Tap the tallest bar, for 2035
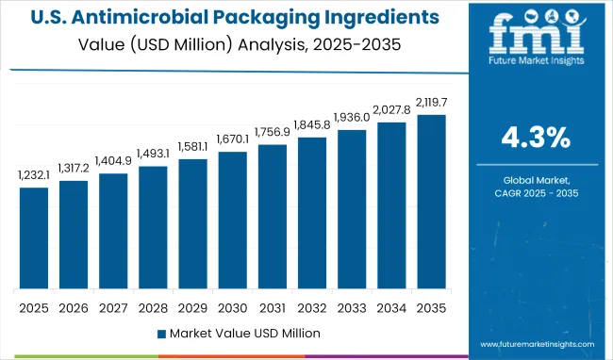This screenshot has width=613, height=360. coord(431,202)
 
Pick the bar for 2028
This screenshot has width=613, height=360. coord(153,227)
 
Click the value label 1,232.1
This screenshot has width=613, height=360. coord(34,175)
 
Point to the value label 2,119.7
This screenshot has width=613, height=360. coord(431,103)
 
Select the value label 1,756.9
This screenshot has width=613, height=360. coord(272,133)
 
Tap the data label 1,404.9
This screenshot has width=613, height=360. coord(113,161)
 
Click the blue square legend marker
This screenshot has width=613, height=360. coord(161,334)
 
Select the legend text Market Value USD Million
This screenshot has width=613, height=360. coord(244,334)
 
